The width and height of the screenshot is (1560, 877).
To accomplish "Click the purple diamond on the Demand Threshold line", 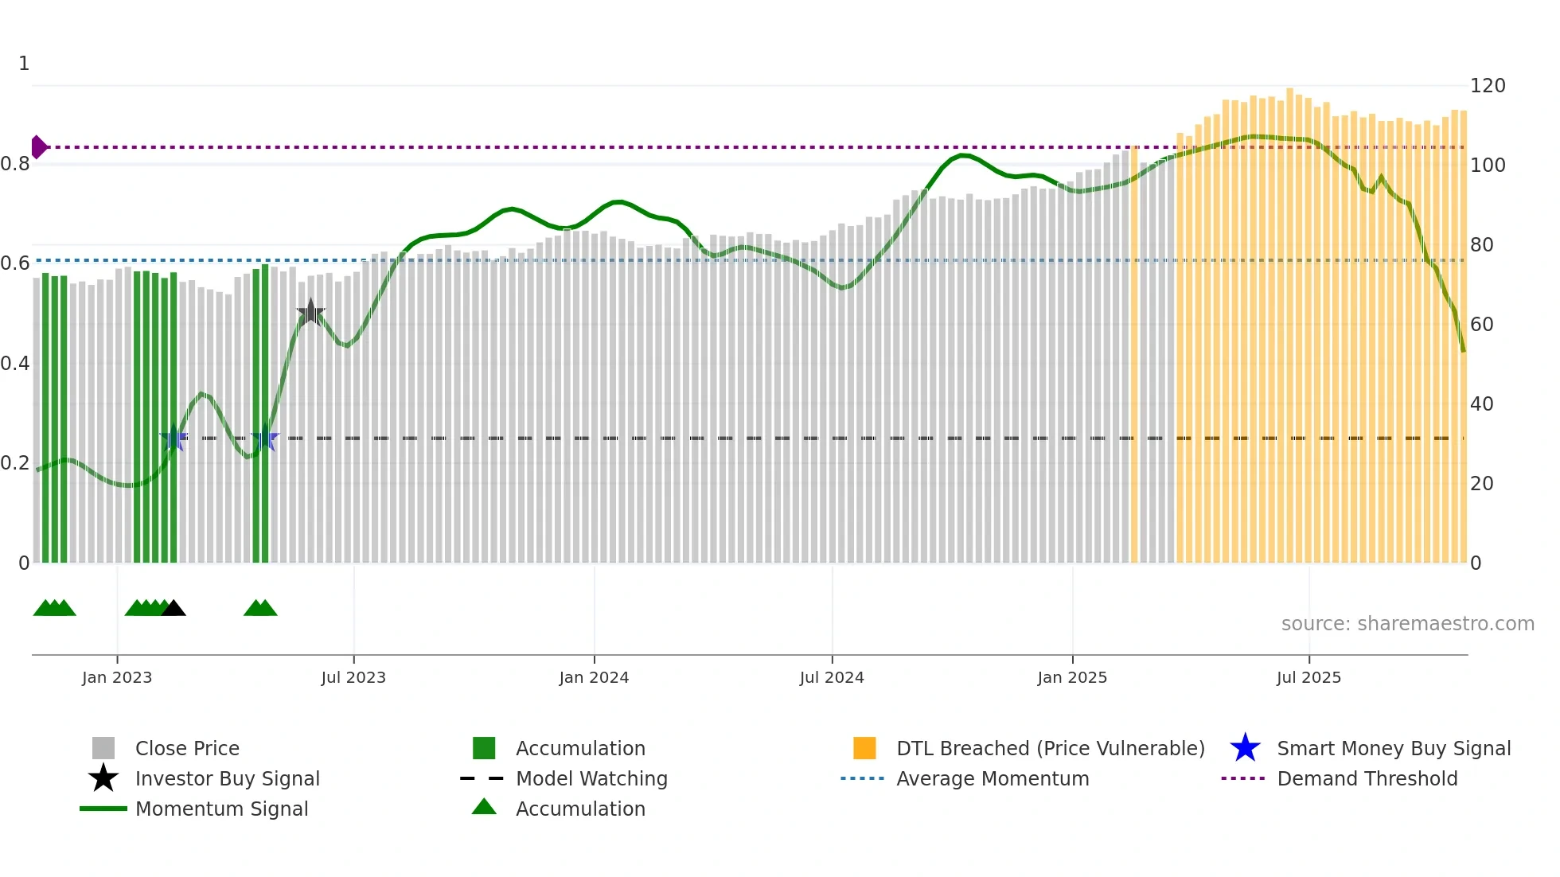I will (38, 147).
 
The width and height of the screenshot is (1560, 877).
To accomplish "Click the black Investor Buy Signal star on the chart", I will (310, 313).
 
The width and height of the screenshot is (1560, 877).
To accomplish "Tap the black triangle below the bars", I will (174, 608).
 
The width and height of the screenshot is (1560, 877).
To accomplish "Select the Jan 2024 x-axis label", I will (594, 677).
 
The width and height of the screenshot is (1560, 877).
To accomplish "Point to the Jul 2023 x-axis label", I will (353, 677).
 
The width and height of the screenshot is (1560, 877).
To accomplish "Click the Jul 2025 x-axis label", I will (1308, 677).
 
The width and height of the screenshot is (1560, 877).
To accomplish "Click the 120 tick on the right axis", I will (1487, 86).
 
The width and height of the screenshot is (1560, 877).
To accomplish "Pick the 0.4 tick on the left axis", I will (15, 364).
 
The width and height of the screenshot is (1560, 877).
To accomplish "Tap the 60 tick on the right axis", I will (1481, 325).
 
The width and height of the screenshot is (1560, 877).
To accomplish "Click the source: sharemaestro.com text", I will (1407, 624).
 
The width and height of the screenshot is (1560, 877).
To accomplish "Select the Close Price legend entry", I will (187, 748).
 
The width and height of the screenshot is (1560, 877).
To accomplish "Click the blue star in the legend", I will (1245, 748).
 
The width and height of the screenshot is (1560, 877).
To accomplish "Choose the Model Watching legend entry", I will (591, 778).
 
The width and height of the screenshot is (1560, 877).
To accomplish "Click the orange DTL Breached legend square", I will (864, 748).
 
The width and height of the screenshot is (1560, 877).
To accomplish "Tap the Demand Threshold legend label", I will (1367, 778).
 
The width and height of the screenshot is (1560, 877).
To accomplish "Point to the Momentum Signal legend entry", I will (221, 809).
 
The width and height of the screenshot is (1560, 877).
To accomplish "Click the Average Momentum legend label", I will (993, 778).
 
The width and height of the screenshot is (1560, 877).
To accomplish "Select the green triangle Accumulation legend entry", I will (580, 809).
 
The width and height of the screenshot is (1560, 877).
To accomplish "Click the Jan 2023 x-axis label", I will (117, 677).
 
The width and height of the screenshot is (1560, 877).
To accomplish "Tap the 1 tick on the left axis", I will (24, 64).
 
